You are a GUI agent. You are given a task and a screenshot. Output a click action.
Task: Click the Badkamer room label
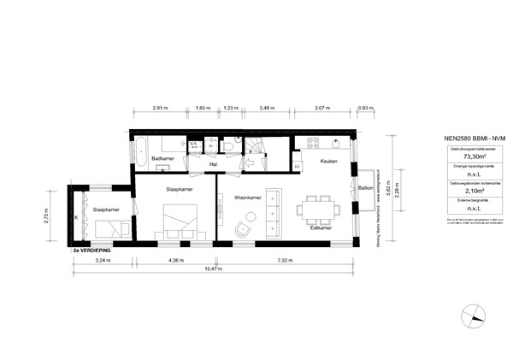pyautogui.click(x=162, y=159)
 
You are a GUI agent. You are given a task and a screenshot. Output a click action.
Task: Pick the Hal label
pyautogui.click(x=211, y=164)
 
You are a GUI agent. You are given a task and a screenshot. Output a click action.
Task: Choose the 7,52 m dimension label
pyautogui.click(x=281, y=259)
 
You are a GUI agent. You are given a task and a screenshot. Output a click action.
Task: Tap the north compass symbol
pyautogui.click(x=469, y=320)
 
